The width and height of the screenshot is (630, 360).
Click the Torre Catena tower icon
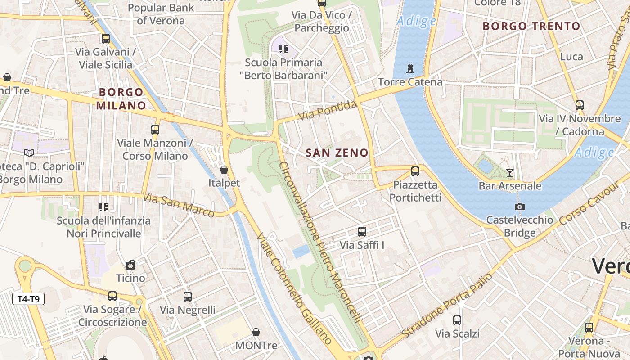[x=410, y=69]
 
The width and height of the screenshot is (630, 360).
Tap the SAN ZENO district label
[x=337, y=153]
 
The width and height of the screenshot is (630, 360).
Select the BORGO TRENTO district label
[x=531, y=26]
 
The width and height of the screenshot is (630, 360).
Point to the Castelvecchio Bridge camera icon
[x=520, y=207]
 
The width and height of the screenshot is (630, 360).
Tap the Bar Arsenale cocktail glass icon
[x=510, y=172]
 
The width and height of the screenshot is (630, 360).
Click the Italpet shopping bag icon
[x=224, y=170]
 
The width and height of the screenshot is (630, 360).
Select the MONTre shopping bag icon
[x=256, y=332]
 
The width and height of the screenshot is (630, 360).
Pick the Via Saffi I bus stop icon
[x=362, y=232]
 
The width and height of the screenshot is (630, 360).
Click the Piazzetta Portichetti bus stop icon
[x=415, y=171]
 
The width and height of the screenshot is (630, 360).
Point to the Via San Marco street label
[x=178, y=205]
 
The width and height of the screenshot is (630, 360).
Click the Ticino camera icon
[x=130, y=265]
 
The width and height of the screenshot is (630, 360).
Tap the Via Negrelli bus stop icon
[x=188, y=297]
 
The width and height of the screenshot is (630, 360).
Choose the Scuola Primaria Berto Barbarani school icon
[x=283, y=49]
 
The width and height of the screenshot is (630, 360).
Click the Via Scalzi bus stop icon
[x=457, y=320]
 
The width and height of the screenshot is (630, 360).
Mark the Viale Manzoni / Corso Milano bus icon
[x=155, y=130]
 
